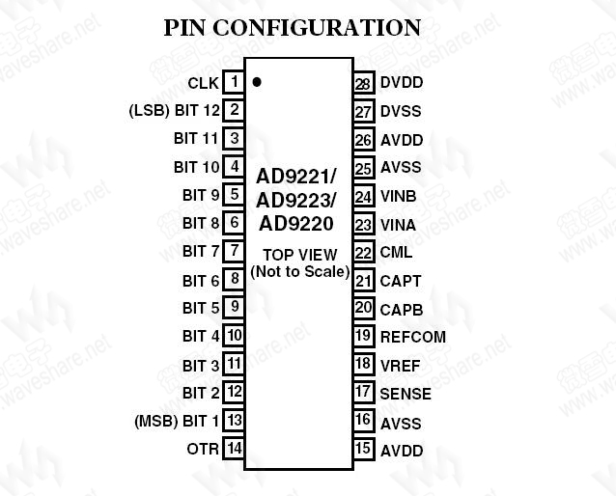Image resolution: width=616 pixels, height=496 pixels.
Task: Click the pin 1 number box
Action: coord(234,83)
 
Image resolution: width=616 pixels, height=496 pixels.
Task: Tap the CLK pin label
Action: coord(203,84)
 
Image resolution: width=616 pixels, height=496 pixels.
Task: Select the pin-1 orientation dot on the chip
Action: coord(257,82)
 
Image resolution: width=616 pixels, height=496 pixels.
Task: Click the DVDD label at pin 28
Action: coord(401,84)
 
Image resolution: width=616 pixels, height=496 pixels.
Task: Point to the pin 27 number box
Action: coord(363,112)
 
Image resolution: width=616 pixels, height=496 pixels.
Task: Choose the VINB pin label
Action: coord(398,197)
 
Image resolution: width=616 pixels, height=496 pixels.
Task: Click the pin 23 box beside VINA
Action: coord(363,225)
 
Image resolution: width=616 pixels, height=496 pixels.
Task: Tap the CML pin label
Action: coord(396,253)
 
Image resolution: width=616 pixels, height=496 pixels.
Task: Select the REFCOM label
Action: coord(412,337)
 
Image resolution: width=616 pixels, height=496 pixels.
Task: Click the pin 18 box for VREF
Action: coord(363,365)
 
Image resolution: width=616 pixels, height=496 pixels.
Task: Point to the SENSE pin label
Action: coord(406,394)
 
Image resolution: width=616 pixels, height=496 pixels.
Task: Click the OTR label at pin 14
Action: coord(202,449)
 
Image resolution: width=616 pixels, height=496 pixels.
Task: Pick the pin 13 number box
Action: coord(234,421)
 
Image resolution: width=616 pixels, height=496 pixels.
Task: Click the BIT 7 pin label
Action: coord(201,252)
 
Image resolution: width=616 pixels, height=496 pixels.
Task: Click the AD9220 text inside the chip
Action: coord(296,224)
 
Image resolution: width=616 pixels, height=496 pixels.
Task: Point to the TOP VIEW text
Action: coord(300,256)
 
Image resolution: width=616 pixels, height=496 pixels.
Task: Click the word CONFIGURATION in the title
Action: coord(316,27)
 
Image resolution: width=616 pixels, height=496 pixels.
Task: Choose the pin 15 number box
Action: coord(363,449)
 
